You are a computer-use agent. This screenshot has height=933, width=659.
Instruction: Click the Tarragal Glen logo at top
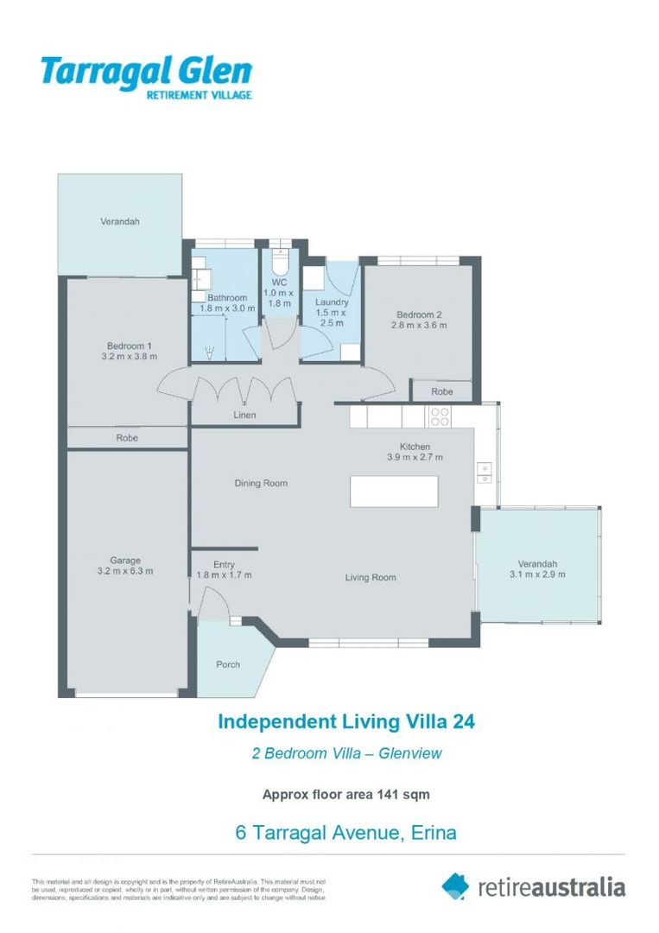pyautogui.click(x=146, y=76)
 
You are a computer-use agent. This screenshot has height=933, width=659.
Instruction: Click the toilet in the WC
pyautogui.click(x=278, y=260)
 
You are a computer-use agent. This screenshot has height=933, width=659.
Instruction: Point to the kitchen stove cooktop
pyautogui.click(x=439, y=416)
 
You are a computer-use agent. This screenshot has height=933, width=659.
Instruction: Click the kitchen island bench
pyautogui.click(x=393, y=491)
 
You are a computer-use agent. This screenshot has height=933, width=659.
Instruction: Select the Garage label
pyautogui.click(x=125, y=560)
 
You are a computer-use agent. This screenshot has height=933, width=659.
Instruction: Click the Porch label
pyautogui.click(x=228, y=664)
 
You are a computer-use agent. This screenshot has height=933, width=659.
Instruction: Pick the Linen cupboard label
pyautogui.click(x=244, y=416)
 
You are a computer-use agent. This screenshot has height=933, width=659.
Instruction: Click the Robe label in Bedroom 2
pyautogui.click(x=442, y=391)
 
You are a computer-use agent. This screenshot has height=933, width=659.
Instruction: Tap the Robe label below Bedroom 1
pyautogui.click(x=127, y=438)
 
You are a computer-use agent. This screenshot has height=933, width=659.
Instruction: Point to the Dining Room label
pyautogui.click(x=261, y=483)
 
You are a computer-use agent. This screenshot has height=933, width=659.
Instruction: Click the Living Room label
pyautogui.click(x=371, y=577)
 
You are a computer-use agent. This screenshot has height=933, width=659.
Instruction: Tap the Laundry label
pyautogui.click(x=332, y=302)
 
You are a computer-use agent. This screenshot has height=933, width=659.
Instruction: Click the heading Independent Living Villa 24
pyautogui.click(x=345, y=720)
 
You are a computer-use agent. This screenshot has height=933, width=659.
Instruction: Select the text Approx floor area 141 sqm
pyautogui.click(x=345, y=794)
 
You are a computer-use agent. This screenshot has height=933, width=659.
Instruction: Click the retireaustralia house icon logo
pyautogui.click(x=455, y=885)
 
